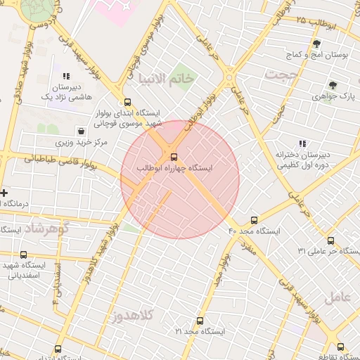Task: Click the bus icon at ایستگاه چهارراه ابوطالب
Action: pyautogui.click(x=174, y=157)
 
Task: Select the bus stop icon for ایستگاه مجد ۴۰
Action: pyautogui.click(x=254, y=220)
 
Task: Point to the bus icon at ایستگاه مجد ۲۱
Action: pyautogui.click(x=200, y=321)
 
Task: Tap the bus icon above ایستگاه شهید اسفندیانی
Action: pyautogui.click(x=24, y=255)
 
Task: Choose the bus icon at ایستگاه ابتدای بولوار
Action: pyautogui.click(x=127, y=102)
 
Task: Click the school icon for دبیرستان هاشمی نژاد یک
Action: pyautogui.click(x=66, y=76)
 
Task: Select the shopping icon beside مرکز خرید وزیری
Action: pyautogui.click(x=82, y=131)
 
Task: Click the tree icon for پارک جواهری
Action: pyautogui.click(x=333, y=85)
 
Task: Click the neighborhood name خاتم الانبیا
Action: pyautogui.click(x=167, y=78)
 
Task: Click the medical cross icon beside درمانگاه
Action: pyautogui.click(x=4, y=193)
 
